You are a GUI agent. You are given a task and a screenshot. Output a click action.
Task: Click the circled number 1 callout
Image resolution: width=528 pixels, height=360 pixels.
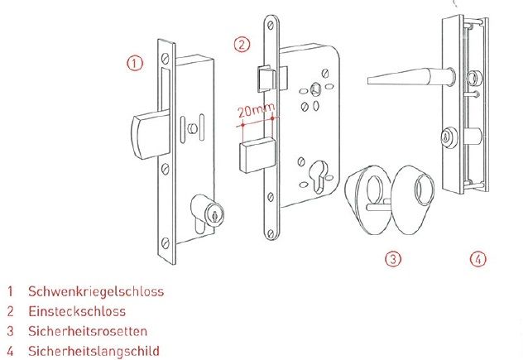tap(135, 63)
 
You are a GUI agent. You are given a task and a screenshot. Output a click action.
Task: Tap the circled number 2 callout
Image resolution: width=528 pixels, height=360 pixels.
tap(242, 45)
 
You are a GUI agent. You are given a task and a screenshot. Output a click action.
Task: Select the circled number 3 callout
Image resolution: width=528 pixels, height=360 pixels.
tap(393, 259)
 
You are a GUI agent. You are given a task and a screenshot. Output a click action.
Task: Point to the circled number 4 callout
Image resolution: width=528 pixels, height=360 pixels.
tap(478, 259)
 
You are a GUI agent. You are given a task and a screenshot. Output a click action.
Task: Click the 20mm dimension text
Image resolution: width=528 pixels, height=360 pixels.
tap(256, 110)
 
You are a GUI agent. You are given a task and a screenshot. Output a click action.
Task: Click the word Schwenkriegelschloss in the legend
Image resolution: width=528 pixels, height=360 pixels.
tap(96, 291)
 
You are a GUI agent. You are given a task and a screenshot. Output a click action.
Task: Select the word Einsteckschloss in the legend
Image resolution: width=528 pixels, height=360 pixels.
tap(77, 311)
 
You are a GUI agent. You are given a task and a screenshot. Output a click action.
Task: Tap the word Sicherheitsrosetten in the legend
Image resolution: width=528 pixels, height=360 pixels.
tap(88, 331)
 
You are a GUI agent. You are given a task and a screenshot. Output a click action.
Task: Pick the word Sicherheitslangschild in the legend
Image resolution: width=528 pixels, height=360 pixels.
tap(94, 351)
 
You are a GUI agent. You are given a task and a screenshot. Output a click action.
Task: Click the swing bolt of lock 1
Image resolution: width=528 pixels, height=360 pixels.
tap(150, 135)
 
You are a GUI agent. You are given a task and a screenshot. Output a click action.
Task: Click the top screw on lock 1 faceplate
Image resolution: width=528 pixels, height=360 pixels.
tap(165, 58)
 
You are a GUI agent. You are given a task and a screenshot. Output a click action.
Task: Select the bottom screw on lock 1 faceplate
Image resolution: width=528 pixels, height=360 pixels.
tap(165, 242)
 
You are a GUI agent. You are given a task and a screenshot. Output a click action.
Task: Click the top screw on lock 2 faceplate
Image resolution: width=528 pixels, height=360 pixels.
tap(271, 26)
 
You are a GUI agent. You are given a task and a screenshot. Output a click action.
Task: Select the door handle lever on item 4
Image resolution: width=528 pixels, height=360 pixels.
tap(410, 77)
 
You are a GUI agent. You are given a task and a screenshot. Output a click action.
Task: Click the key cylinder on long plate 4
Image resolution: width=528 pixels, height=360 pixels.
tap(449, 137)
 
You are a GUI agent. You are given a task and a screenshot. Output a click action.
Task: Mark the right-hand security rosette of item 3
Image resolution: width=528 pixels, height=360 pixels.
tap(412, 199)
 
